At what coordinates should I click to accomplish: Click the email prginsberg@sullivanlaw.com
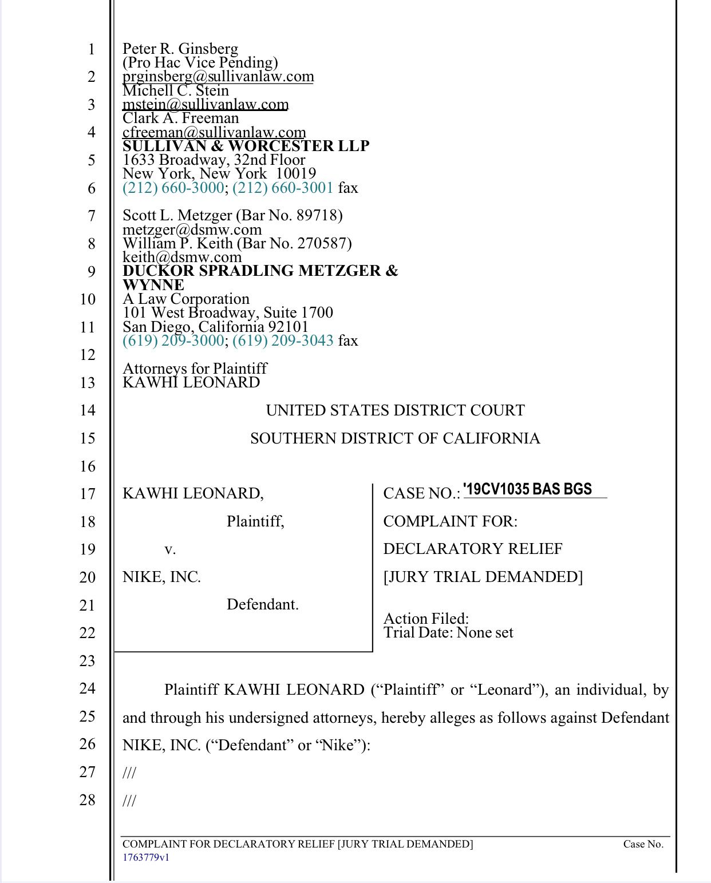[218, 77]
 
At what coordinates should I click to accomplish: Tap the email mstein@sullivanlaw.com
[206, 104]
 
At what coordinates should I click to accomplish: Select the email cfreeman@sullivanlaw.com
[214, 132]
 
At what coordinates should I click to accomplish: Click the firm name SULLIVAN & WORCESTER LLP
[246, 146]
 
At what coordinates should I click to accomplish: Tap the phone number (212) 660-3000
[173, 188]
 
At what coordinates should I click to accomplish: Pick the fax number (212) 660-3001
[283, 188]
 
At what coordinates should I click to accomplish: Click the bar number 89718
[317, 215]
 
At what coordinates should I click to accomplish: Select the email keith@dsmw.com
[182, 257]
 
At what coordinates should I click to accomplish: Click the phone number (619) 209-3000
[173, 340]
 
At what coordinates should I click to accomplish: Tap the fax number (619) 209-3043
[283, 340]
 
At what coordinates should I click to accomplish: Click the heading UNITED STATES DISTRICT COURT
[395, 410]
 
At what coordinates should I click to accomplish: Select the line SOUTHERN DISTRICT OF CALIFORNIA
[395, 438]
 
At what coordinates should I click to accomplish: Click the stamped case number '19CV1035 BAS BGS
[528, 489]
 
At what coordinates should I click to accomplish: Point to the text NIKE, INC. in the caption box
[161, 577]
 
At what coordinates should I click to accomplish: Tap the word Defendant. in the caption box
[263, 605]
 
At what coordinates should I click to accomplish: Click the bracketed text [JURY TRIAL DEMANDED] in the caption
[483, 577]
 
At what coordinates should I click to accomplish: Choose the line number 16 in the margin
[88, 466]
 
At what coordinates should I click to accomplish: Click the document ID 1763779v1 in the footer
[146, 857]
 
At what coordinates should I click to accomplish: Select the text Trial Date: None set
[448, 633]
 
